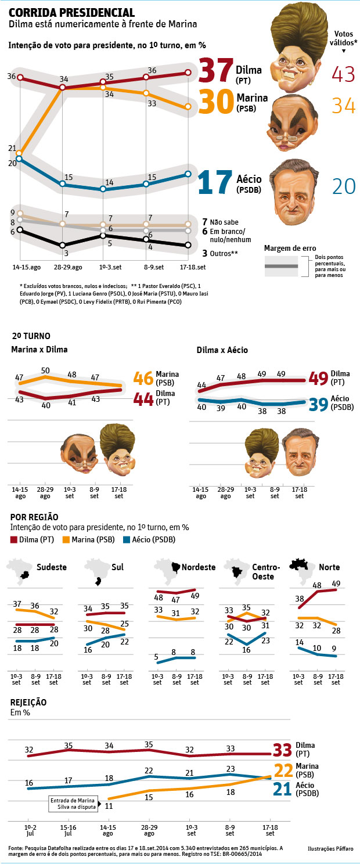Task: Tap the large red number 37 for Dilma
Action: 215,71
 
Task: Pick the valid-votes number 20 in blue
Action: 344,186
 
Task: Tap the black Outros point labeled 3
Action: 62,246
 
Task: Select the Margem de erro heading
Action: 286,248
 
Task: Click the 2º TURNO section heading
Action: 31,336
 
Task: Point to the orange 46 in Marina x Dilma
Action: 143,379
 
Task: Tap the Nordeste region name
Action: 198,567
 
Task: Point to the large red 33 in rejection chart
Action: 282,750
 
